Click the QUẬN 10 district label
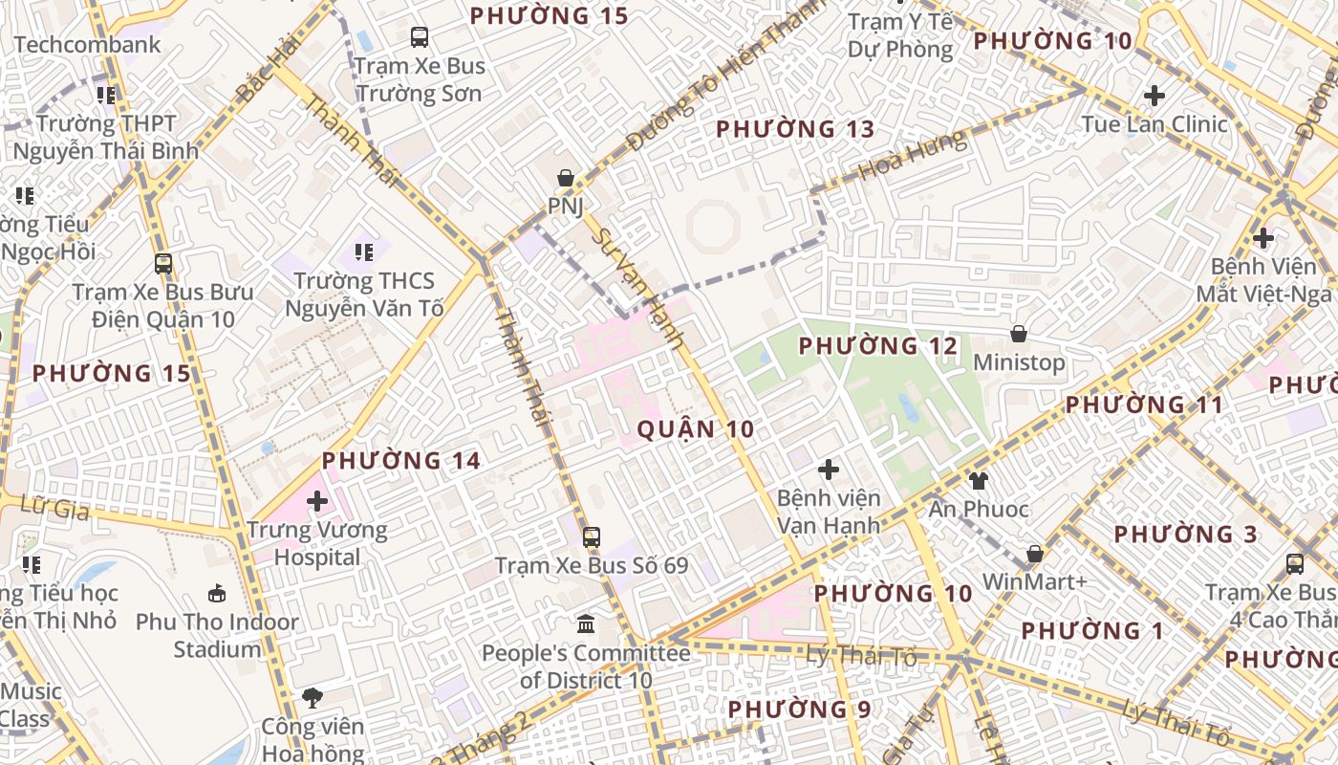click(x=696, y=429)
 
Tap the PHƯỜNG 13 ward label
click(x=795, y=129)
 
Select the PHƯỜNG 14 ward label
click(x=400, y=461)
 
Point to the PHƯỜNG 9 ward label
click(x=799, y=710)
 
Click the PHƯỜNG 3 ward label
click(x=1186, y=534)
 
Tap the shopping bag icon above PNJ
click(x=566, y=178)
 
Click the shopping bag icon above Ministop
click(x=1019, y=334)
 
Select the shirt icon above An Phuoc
click(x=978, y=480)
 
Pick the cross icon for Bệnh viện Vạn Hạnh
click(x=829, y=470)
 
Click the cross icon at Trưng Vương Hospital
click(x=317, y=501)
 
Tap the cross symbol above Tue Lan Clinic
click(x=1155, y=96)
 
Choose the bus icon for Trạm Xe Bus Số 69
click(x=592, y=536)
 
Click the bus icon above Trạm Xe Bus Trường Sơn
click(x=420, y=37)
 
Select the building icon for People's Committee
click(x=586, y=624)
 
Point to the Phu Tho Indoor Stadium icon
click(x=218, y=593)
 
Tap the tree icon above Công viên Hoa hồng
click(x=312, y=697)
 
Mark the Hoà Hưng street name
click(x=913, y=157)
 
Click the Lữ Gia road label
click(x=59, y=508)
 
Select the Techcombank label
click(x=87, y=45)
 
